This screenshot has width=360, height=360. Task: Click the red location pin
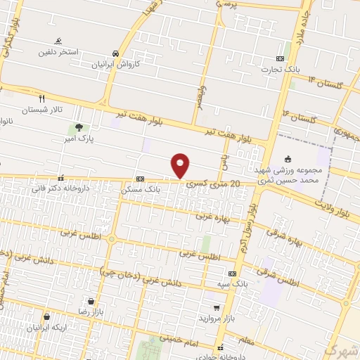tap(181, 165)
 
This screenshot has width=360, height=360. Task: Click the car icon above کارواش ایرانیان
tap(115, 53)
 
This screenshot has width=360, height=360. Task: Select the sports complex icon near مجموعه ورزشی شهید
tap(287, 158)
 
